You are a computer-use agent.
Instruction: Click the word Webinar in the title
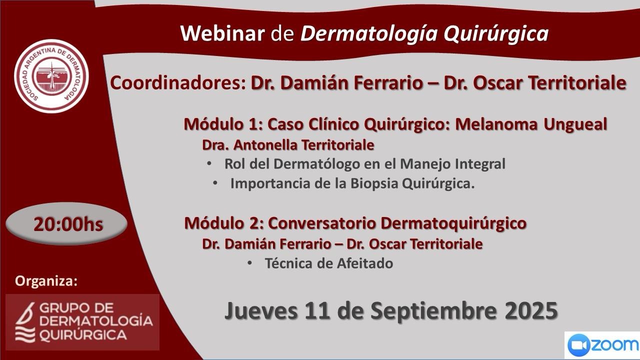pyautogui.click(x=222, y=33)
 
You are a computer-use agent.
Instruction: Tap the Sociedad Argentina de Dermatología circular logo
pyautogui.click(x=51, y=76)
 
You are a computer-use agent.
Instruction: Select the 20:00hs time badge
pyautogui.click(x=66, y=224)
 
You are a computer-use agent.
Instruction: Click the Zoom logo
pyautogui.click(x=602, y=345)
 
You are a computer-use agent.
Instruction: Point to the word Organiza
pyautogui.click(x=46, y=281)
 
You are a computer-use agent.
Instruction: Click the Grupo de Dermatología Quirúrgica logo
pyautogui.click(x=82, y=322)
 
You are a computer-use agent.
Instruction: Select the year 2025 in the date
pyautogui.click(x=531, y=311)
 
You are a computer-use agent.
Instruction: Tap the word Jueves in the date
pyautogui.click(x=260, y=311)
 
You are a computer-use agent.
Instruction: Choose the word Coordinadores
pyautogui.click(x=177, y=83)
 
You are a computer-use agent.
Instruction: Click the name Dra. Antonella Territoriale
pyautogui.click(x=288, y=145)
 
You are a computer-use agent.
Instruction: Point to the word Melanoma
pyautogui.click(x=496, y=124)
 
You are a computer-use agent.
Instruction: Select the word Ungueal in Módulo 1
pyautogui.click(x=575, y=125)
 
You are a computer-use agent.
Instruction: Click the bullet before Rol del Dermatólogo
pyautogui.click(x=209, y=163)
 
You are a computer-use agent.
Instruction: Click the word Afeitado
pyautogui.click(x=365, y=263)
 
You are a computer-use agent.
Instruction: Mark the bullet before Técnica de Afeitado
pyautogui.click(x=249, y=263)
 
